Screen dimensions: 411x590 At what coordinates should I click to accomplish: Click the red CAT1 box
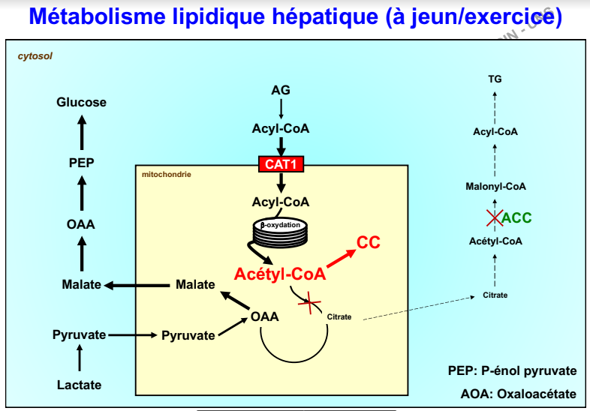(280, 163)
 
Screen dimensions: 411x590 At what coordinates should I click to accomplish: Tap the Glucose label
(81, 102)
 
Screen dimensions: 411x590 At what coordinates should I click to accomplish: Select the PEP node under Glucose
(81, 163)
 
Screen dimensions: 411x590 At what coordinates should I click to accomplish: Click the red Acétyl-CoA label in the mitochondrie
(280, 274)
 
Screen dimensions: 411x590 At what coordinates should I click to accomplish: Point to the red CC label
(368, 241)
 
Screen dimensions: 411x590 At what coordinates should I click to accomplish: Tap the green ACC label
(516, 218)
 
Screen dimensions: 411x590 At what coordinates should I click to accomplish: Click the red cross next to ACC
(493, 218)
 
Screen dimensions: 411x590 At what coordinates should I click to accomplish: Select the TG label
(495, 78)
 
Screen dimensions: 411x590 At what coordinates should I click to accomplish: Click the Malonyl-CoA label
(495, 186)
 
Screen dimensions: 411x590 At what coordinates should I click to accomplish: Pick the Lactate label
(79, 385)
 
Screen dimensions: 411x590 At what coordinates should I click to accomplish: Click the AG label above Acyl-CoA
(281, 90)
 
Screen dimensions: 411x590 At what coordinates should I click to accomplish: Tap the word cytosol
(35, 56)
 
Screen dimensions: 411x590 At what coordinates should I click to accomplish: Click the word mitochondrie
(166, 175)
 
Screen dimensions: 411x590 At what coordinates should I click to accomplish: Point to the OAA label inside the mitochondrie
(265, 316)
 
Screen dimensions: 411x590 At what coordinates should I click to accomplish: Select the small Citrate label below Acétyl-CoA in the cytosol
(495, 295)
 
